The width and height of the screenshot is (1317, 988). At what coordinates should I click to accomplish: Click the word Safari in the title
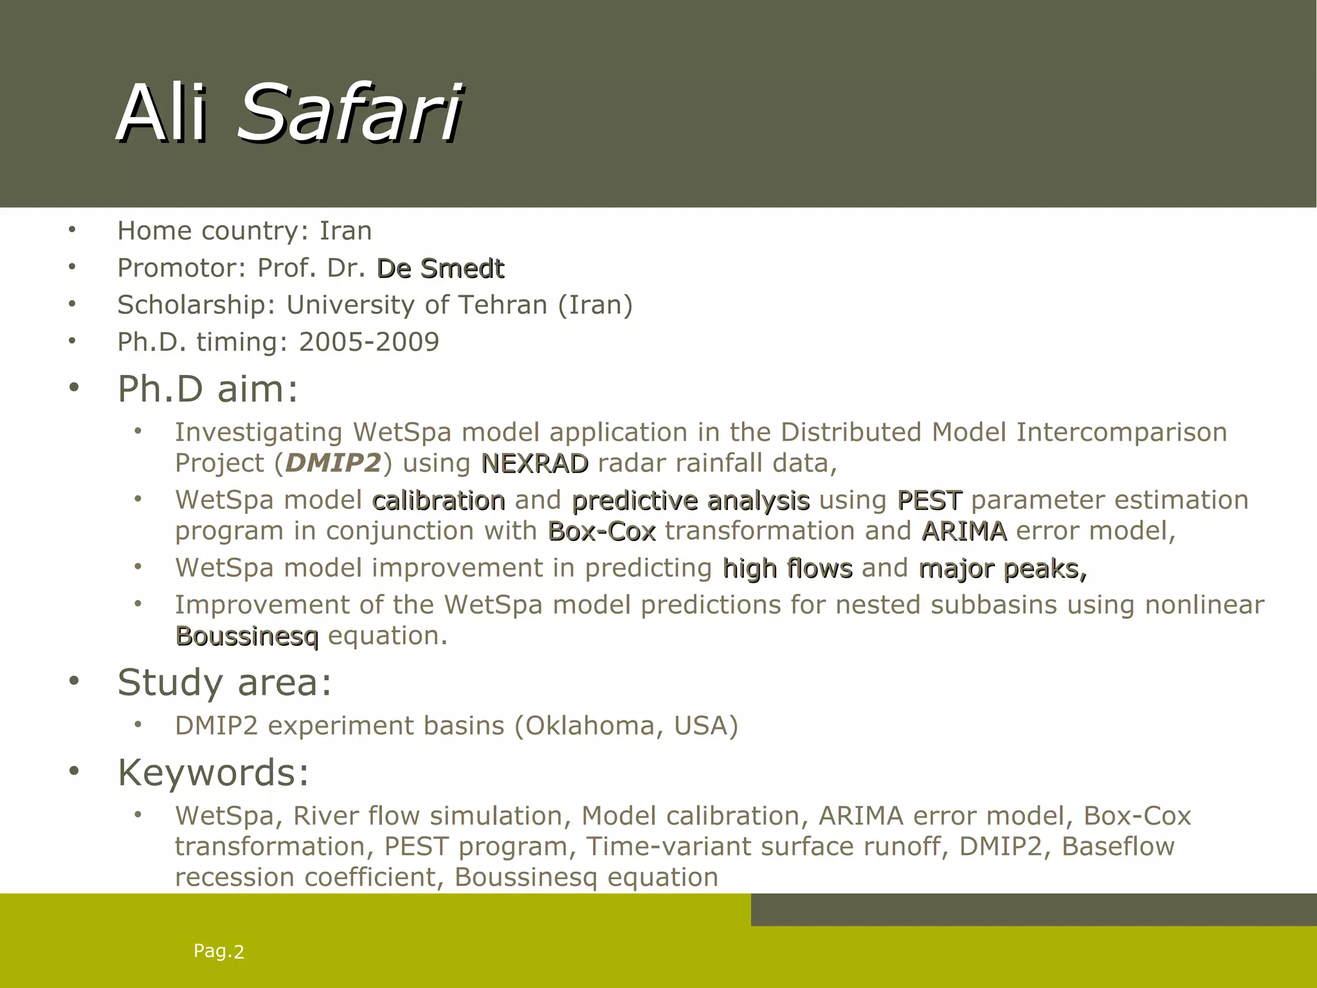[349, 113]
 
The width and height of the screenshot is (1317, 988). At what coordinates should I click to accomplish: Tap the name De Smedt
[440, 268]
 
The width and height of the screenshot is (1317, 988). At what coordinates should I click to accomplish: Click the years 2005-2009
[368, 342]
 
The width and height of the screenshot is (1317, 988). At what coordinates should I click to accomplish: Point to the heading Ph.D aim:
[208, 389]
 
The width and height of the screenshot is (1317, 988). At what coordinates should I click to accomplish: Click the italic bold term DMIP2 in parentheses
[333, 463]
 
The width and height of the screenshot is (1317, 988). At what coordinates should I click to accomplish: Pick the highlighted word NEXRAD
[534, 463]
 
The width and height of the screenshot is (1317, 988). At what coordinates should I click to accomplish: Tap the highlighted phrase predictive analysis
[691, 500]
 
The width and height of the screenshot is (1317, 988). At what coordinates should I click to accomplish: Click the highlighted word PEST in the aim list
[929, 500]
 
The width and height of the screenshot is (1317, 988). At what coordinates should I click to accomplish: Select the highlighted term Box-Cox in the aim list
[601, 531]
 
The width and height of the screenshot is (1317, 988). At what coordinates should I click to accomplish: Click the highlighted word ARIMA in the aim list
[963, 531]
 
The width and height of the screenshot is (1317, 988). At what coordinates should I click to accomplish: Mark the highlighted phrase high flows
[787, 569]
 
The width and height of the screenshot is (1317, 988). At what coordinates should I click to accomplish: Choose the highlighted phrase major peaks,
[1003, 569]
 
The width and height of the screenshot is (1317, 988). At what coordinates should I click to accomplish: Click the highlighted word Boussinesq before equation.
[247, 636]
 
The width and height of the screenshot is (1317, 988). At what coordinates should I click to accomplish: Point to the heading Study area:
[224, 682]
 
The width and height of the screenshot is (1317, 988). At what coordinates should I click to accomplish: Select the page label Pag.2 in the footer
[219, 951]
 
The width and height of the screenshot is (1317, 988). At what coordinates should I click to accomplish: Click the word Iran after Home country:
[345, 231]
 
